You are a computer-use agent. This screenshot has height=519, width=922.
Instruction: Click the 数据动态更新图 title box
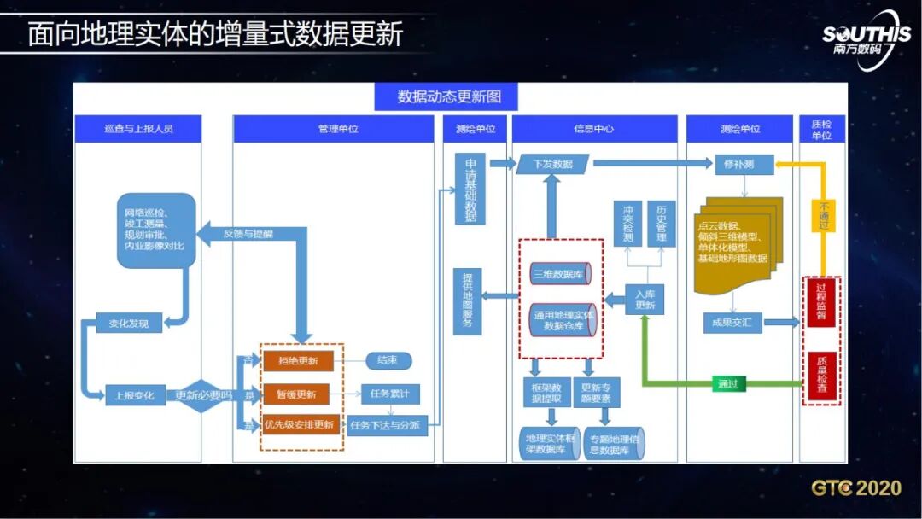[x=448, y=96]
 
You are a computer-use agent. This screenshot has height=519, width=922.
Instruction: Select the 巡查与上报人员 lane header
[x=138, y=129]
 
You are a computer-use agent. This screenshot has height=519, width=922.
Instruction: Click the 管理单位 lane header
[x=333, y=129]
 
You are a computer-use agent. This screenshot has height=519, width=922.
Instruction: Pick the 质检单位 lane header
[x=821, y=129]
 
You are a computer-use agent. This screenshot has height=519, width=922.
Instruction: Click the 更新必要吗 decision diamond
[x=202, y=395]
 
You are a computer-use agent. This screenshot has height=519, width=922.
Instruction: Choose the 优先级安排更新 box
[x=299, y=424]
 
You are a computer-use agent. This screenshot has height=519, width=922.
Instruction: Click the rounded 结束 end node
[x=388, y=361]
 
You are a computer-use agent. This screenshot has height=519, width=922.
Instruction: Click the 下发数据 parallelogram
[x=552, y=164]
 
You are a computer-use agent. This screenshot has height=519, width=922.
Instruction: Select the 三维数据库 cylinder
[x=560, y=274]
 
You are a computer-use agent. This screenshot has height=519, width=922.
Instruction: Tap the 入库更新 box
[x=645, y=299]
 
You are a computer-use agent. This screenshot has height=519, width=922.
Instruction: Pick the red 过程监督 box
[x=820, y=301]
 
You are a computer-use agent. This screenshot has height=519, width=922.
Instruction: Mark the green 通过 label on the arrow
[x=727, y=384]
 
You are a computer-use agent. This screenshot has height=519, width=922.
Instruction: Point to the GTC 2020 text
[x=856, y=488]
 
